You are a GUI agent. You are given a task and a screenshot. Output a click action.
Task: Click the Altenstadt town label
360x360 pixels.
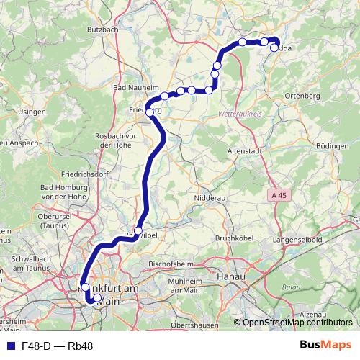click(x=247, y=152)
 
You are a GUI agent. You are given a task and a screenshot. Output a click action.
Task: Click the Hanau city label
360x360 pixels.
click(x=232, y=276)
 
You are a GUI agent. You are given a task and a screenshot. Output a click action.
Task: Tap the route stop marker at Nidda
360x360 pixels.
click(x=274, y=48)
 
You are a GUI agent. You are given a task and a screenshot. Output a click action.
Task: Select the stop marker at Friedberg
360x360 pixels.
click(x=150, y=112)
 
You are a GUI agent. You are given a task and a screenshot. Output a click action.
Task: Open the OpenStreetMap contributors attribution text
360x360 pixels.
click(x=297, y=323)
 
